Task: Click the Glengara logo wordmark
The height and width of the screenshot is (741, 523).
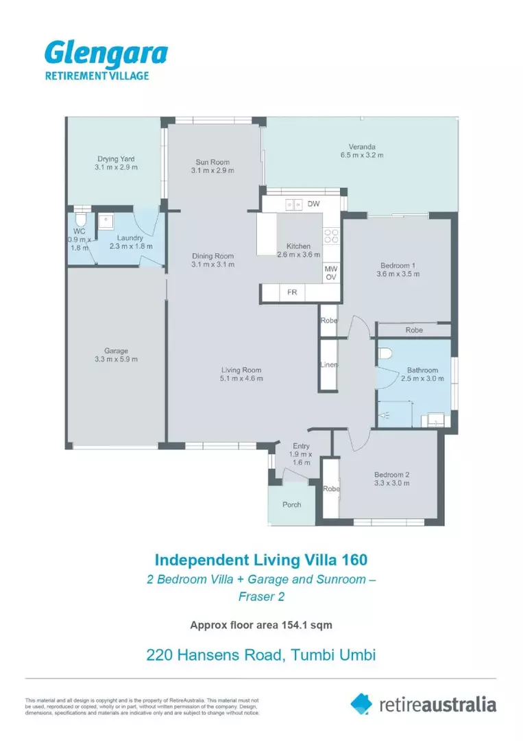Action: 106,54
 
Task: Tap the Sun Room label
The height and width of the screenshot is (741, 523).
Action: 212,162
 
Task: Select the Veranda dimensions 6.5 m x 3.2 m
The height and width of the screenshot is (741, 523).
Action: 362,155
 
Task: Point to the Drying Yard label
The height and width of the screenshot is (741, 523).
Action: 116,158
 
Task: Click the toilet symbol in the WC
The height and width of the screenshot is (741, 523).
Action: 81,218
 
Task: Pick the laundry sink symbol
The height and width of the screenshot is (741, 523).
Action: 106,221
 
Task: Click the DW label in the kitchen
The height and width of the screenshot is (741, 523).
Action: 313,204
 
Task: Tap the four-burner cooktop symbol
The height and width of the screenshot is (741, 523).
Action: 331,236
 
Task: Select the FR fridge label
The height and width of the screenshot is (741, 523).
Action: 292,292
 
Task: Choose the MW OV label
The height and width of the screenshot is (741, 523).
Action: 331,272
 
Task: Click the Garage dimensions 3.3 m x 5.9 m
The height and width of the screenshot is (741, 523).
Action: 116,359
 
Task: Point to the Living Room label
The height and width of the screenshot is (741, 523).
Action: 241,370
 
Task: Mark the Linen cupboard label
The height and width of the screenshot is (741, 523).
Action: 329,364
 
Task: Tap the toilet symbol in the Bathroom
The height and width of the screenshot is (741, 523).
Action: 385,354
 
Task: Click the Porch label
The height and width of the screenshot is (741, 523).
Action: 292,505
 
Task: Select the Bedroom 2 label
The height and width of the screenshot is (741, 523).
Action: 392,475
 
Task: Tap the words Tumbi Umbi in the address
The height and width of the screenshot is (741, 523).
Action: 333,655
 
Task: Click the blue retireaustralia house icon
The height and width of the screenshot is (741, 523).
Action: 361,704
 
